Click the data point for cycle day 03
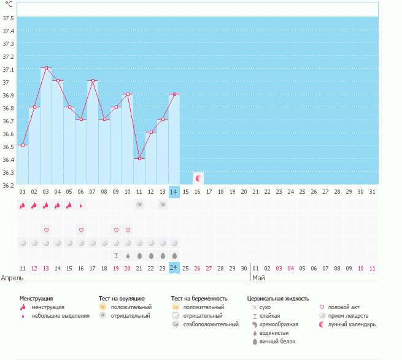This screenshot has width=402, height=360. tap(46, 68)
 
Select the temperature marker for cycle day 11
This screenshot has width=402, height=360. tap(139, 158)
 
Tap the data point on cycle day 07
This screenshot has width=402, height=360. tap(93, 81)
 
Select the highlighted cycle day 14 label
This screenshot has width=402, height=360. tap(174, 192)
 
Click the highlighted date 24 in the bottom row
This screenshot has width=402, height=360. tap(174, 268)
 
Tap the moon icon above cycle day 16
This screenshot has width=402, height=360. tap(198, 178)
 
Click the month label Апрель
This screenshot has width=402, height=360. tap(12, 278)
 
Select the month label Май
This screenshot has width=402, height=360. tap(258, 278)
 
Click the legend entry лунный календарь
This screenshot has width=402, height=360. tap(352, 324)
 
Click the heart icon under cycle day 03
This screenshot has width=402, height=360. tap(46, 230)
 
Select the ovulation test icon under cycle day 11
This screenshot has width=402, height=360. tap(139, 205)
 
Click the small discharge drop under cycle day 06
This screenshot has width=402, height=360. tap(81, 205)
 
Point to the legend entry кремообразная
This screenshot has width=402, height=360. tap(279, 324)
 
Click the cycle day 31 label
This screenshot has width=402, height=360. tap(372, 192)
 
